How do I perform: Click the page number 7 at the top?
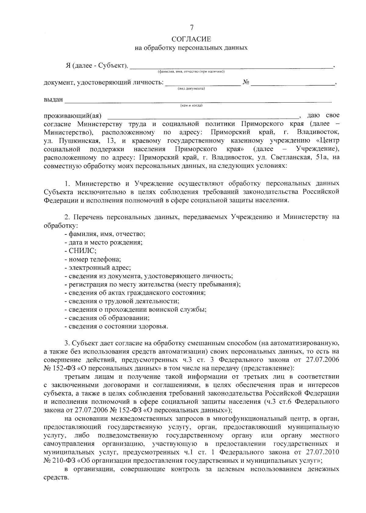192,28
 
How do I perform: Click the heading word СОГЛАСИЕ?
191,39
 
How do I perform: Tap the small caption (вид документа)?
191,89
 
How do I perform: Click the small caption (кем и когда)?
191,105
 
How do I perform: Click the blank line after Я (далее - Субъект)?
232,66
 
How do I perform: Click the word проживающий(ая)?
73,116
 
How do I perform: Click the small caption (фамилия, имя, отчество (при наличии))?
191,72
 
